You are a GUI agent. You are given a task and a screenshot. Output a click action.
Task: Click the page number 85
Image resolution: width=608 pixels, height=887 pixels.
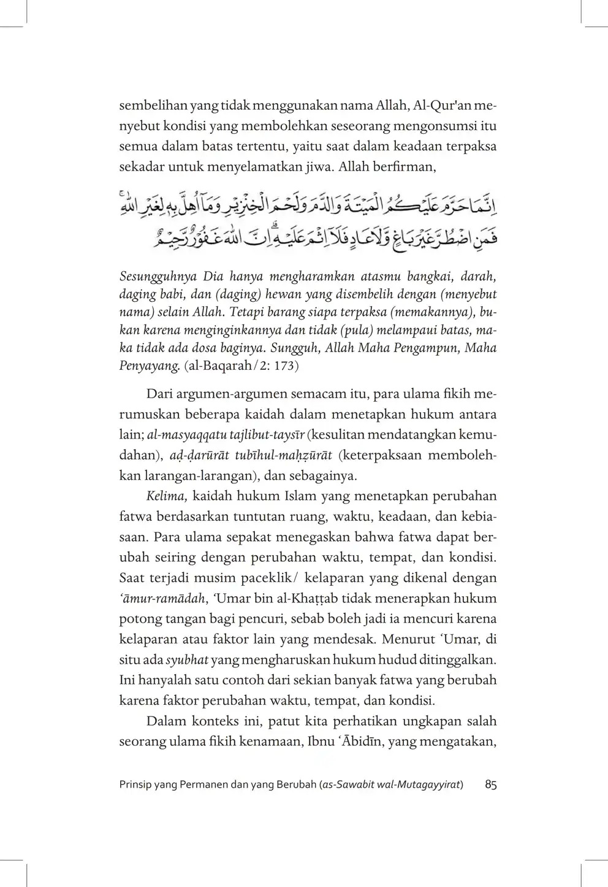[490, 785]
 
